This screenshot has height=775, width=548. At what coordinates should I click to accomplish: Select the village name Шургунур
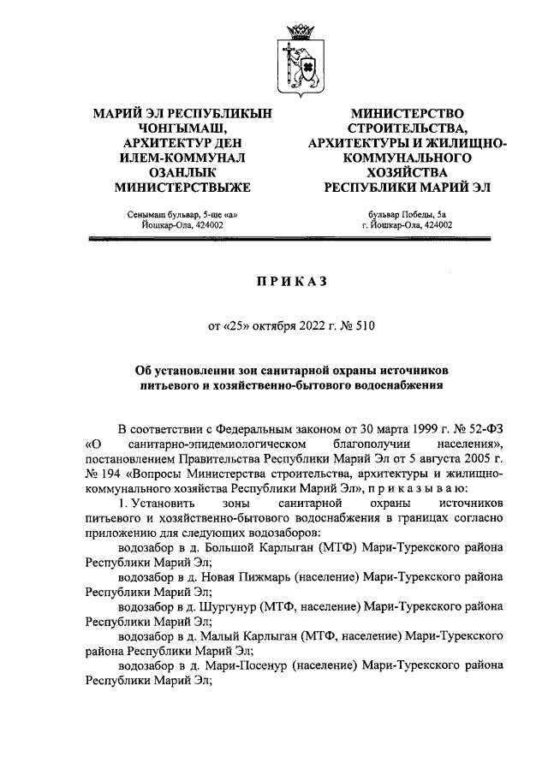point(225,605)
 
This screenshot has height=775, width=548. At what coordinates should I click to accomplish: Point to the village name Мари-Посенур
point(241,665)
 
